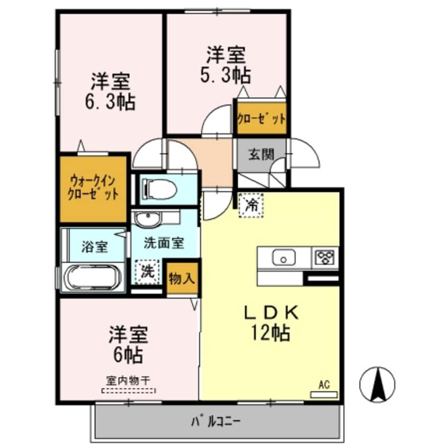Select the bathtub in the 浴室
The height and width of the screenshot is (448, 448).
pyautogui.click(x=93, y=276)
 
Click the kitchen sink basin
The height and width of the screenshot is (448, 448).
pyautogui.click(x=284, y=258)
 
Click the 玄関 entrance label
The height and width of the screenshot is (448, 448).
pyautogui.click(x=261, y=155)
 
